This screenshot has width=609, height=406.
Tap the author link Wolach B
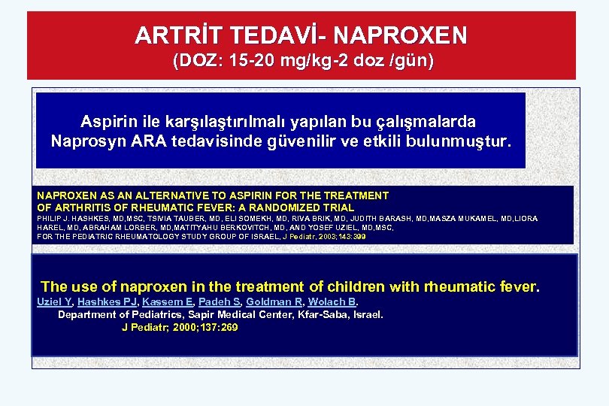331,301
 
